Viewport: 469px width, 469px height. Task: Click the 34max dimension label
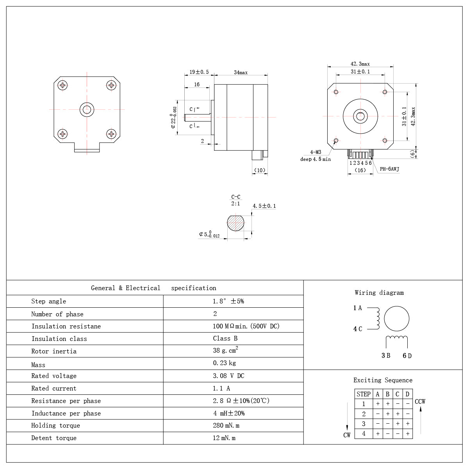coord(241,72)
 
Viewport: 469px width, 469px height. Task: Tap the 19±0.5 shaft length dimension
coord(199,72)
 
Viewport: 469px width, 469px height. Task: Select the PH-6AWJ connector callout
coord(389,169)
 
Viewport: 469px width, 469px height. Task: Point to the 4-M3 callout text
coord(316,152)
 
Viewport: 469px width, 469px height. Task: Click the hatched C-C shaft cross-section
coord(235,223)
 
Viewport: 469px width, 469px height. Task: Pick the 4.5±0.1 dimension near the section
coord(264,206)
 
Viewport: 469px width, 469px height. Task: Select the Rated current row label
coord(54,388)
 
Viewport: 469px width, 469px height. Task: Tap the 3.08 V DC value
coord(228,376)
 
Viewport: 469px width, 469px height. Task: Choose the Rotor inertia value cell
coord(225,351)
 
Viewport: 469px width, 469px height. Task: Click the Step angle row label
coord(49,301)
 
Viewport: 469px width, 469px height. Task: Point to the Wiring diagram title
coord(379,292)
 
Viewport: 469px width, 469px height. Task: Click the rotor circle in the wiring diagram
coord(396,319)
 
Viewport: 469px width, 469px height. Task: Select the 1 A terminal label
coord(358,308)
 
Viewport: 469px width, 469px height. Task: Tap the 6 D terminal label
coord(407,356)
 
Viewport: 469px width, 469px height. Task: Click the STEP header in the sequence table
coord(363,394)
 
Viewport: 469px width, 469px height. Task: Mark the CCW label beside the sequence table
coord(420,401)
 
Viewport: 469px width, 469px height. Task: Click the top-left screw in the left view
coord(62,85)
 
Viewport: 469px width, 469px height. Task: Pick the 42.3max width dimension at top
coord(360,64)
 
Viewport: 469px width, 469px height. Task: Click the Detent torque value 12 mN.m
coord(224,438)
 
